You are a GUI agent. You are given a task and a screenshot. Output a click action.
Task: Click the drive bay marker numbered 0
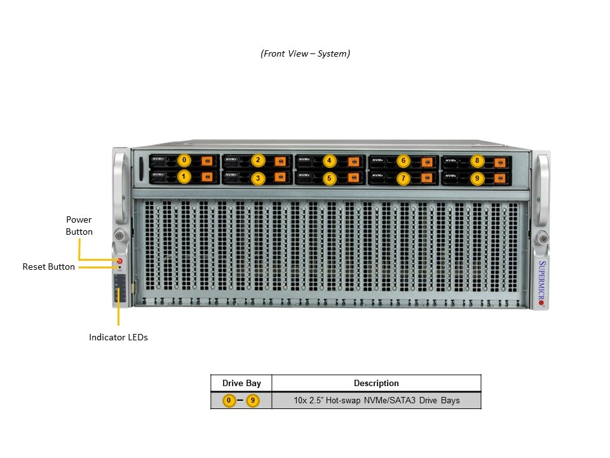click(184, 160)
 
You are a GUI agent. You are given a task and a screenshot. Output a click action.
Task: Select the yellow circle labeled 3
click(257, 179)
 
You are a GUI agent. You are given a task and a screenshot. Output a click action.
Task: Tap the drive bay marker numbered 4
click(329, 160)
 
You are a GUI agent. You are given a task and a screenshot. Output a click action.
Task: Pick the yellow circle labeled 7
click(403, 179)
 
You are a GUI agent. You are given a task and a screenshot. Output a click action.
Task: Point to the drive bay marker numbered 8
click(477, 160)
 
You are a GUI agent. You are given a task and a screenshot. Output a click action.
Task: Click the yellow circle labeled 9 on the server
click(477, 179)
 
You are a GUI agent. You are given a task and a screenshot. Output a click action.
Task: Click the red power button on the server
click(119, 260)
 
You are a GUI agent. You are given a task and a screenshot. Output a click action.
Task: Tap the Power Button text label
click(79, 226)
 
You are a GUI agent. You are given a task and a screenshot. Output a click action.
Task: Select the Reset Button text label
click(48, 267)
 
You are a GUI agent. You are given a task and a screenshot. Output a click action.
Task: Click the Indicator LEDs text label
click(118, 337)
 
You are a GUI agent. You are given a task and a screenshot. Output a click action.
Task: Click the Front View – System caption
click(305, 53)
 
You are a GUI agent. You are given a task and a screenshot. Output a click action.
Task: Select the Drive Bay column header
click(241, 383)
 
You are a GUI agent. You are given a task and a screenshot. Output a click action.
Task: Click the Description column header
click(376, 383)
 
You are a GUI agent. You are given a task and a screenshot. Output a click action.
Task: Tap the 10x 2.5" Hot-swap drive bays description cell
click(376, 401)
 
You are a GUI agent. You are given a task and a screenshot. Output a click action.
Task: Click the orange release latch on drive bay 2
click(280, 161)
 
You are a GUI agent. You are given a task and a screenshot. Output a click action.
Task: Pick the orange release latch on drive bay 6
click(426, 161)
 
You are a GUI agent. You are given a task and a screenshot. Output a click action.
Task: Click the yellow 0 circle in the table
click(229, 401)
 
